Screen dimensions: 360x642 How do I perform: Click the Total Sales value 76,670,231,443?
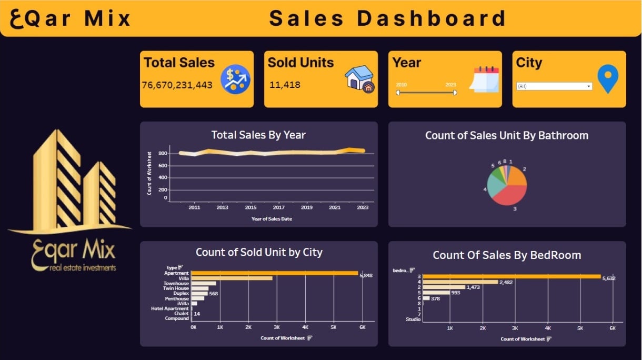(x=177, y=85)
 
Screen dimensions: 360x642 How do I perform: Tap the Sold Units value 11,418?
(x=285, y=85)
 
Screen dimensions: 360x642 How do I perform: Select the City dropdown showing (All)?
(x=554, y=86)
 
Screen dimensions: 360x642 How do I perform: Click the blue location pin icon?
(x=608, y=79)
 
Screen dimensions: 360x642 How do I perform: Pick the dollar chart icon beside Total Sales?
(x=235, y=79)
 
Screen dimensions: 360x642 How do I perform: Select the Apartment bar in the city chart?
(x=274, y=273)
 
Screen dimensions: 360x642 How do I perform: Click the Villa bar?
(x=232, y=278)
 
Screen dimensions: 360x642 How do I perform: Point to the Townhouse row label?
(x=176, y=283)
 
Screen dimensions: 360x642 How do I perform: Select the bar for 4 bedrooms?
(x=460, y=282)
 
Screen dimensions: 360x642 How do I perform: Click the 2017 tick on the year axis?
(x=279, y=207)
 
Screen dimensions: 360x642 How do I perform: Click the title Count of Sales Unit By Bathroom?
(x=507, y=135)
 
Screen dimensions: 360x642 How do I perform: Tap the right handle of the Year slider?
(x=455, y=93)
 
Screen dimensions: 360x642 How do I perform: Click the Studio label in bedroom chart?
(x=413, y=319)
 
